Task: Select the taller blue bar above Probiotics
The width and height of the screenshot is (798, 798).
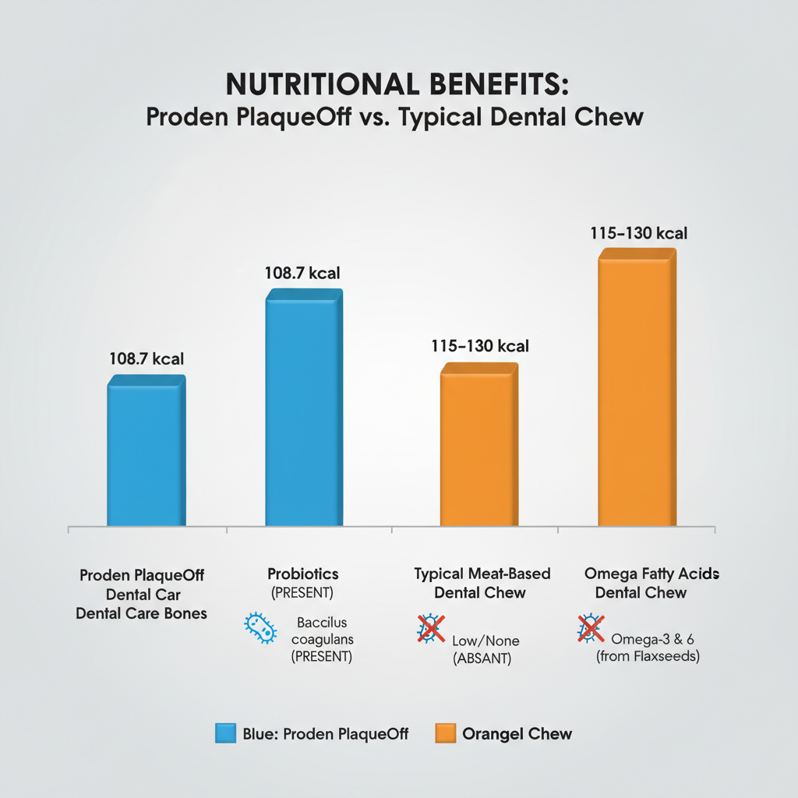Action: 304,408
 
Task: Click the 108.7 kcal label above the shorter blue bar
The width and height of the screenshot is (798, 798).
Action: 147,359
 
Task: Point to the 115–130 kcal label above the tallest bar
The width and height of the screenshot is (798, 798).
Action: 638,233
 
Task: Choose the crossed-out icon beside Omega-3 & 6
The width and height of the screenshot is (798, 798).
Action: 590,628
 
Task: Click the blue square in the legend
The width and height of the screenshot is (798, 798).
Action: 225,733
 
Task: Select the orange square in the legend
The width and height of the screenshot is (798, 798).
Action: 445,733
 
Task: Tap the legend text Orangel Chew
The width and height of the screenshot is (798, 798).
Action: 517,733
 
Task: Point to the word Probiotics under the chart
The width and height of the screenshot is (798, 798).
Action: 302,574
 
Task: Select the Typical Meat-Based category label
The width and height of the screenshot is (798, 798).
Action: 482,574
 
